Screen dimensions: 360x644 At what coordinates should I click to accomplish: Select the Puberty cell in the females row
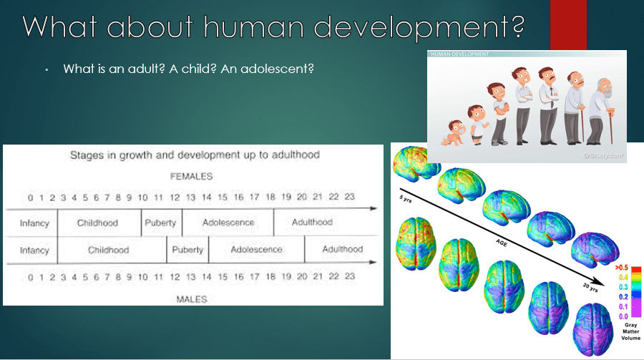click(160, 223)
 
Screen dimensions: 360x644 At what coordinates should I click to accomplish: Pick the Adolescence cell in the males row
click(256, 250)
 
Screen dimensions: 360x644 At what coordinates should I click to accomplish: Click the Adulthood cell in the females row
click(312, 223)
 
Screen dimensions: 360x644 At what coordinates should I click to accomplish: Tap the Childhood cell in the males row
click(109, 250)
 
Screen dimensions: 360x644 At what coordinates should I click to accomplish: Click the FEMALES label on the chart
click(191, 176)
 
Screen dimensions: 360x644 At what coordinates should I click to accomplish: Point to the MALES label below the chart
click(191, 298)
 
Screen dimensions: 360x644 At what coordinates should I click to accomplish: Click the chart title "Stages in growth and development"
click(194, 155)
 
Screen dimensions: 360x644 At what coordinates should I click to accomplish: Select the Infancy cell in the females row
click(34, 223)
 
